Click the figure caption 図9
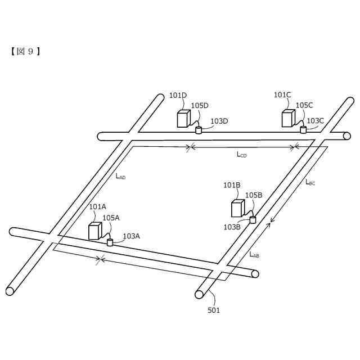(x=25, y=51)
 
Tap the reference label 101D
(x=178, y=95)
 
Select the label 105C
(x=304, y=105)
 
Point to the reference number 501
(x=214, y=310)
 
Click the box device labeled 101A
(x=94, y=231)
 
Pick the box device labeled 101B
(x=237, y=209)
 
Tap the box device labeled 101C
(x=288, y=119)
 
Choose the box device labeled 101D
(x=183, y=119)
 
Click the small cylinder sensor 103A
(x=110, y=242)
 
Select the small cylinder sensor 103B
(x=253, y=220)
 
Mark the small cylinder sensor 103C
(x=303, y=130)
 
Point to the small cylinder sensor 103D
(x=199, y=130)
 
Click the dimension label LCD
(x=241, y=154)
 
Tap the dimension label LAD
(x=120, y=176)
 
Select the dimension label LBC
(x=310, y=182)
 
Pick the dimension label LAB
(x=254, y=254)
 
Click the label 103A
(x=131, y=236)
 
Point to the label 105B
(x=254, y=195)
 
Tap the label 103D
(x=219, y=121)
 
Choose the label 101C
(x=282, y=94)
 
